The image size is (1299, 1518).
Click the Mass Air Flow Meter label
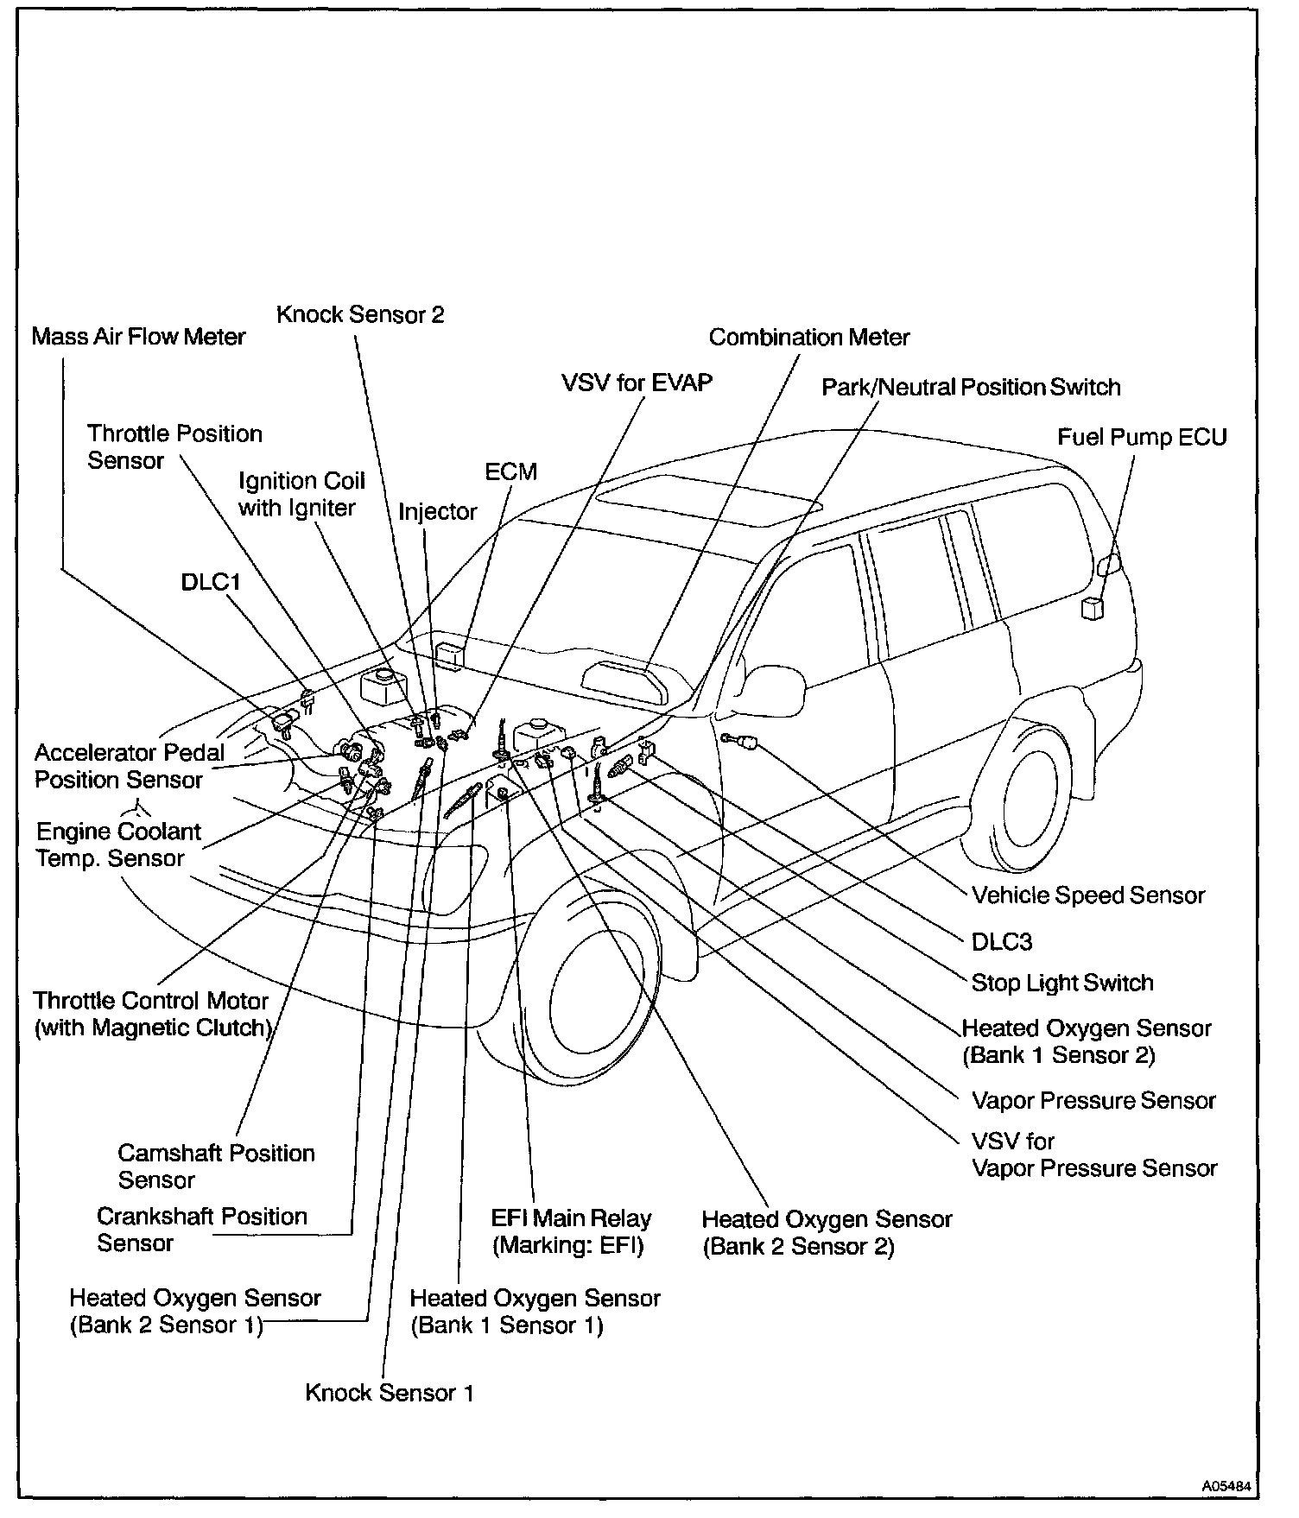point(138,336)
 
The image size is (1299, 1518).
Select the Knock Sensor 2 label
point(360,314)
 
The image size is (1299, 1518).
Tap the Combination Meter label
point(808,337)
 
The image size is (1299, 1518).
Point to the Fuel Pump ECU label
point(1142,437)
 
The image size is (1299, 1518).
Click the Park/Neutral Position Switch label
point(971,387)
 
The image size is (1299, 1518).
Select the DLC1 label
point(211,581)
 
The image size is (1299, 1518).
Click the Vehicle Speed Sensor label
point(1088,895)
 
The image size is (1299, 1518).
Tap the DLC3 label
point(1002,941)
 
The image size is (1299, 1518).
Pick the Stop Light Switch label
point(1062,983)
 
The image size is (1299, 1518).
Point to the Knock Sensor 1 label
point(390,1393)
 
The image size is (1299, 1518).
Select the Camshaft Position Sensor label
point(216,1167)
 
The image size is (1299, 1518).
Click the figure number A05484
point(1226,1486)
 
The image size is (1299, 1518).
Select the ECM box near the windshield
point(451,654)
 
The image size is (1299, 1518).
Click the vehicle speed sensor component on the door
point(741,739)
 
